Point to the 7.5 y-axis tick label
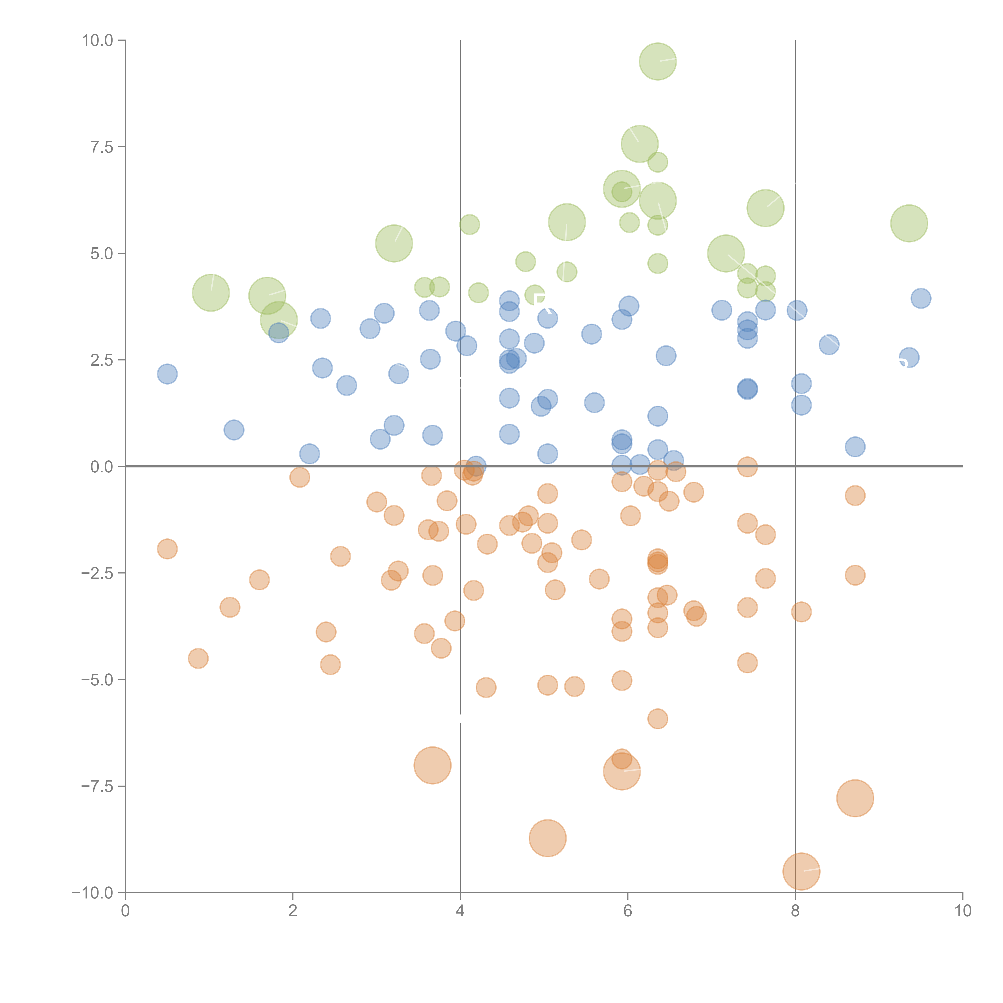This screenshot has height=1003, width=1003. point(102,147)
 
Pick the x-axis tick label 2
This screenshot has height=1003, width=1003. point(293,911)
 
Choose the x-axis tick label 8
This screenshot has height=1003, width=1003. point(795,911)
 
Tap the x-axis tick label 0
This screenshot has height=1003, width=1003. point(125,911)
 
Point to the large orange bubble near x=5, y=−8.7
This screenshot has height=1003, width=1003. point(548,838)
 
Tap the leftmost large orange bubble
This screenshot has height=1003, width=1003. point(432,765)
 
